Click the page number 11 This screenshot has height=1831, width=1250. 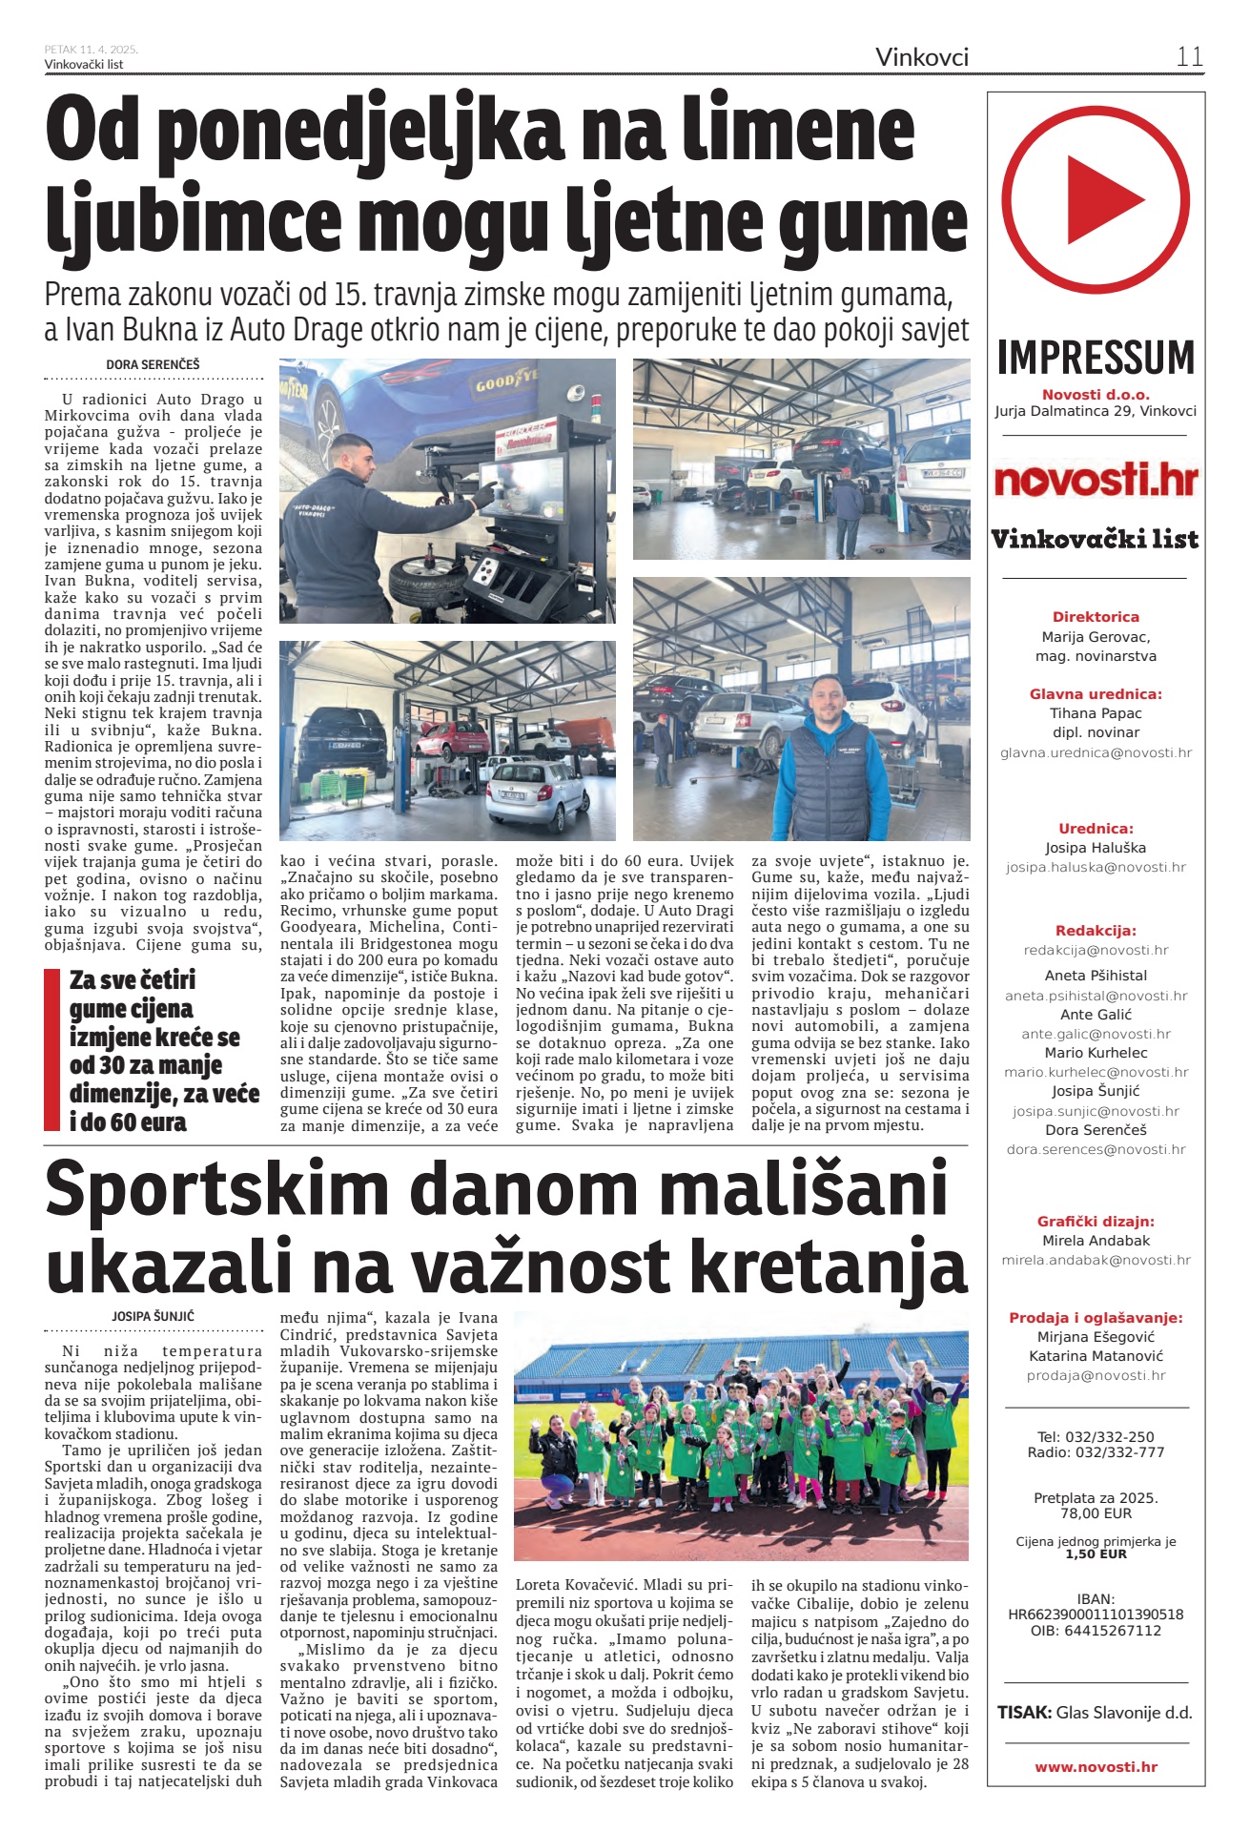1189,56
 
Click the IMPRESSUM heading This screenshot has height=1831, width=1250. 1096,359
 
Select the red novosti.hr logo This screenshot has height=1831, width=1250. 1096,480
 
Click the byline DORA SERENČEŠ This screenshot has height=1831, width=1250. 153,364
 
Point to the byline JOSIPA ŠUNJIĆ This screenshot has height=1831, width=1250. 153,1316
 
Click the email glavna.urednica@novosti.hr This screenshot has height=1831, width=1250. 1096,752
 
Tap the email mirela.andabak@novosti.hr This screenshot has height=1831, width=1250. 1096,1260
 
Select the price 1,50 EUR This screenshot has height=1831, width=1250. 1096,1554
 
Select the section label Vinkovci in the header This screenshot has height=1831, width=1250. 921,57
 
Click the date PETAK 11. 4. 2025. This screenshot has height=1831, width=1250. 92,50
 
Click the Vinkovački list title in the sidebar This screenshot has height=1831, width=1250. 1096,540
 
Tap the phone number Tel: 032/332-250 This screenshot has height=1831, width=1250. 1096,1436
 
